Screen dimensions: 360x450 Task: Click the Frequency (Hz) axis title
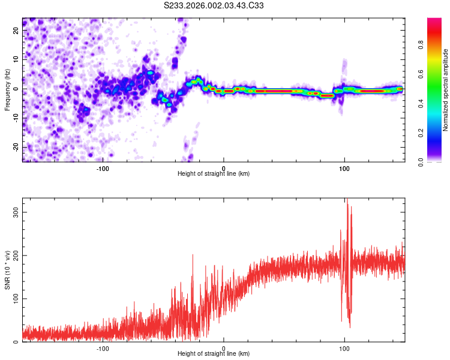pyautogui.click(x=8, y=89)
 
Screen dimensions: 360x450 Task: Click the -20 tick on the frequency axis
pyautogui.click(x=15, y=147)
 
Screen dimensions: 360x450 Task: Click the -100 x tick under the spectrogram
pyautogui.click(x=103, y=169)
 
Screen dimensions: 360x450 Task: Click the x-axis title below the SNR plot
pyautogui.click(x=214, y=354)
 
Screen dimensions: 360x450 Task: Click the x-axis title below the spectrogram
pyautogui.click(x=214, y=174)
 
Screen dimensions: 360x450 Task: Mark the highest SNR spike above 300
pyautogui.click(x=346, y=200)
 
